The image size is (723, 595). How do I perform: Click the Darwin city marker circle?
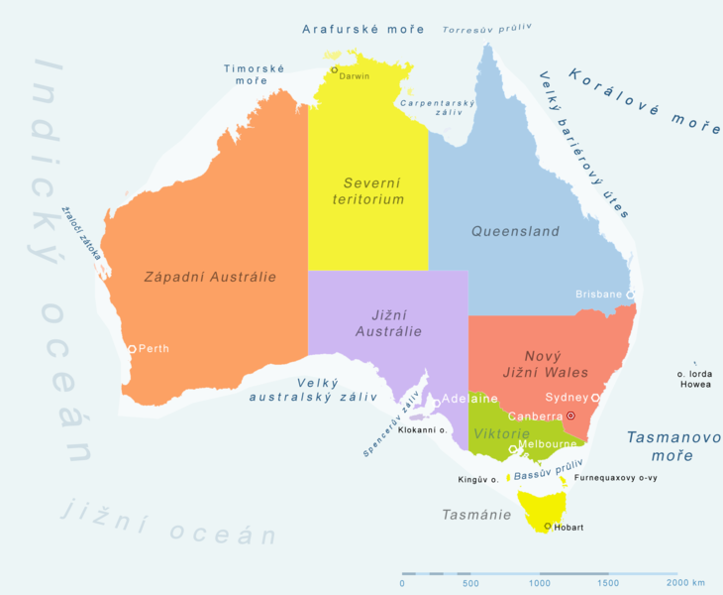[335, 69]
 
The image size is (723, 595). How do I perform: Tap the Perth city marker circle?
[132, 349]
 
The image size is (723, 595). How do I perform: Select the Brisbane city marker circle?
[630, 295]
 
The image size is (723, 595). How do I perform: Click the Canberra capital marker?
[570, 415]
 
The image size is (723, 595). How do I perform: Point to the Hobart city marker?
[548, 527]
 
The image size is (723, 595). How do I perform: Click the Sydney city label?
[567, 397]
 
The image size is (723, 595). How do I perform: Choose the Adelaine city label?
[469, 399]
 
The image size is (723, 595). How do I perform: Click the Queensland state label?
[515, 231]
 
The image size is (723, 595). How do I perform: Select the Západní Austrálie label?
[210, 277]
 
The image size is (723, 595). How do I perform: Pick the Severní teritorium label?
[368, 191]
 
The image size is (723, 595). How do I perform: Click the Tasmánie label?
[476, 515]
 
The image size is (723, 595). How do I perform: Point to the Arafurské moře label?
[363, 29]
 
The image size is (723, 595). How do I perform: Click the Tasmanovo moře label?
[659, 445]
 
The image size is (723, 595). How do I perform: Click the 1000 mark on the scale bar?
[540, 583]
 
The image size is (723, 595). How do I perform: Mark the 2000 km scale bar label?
[685, 583]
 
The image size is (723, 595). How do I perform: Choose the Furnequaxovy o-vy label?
[615, 478]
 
